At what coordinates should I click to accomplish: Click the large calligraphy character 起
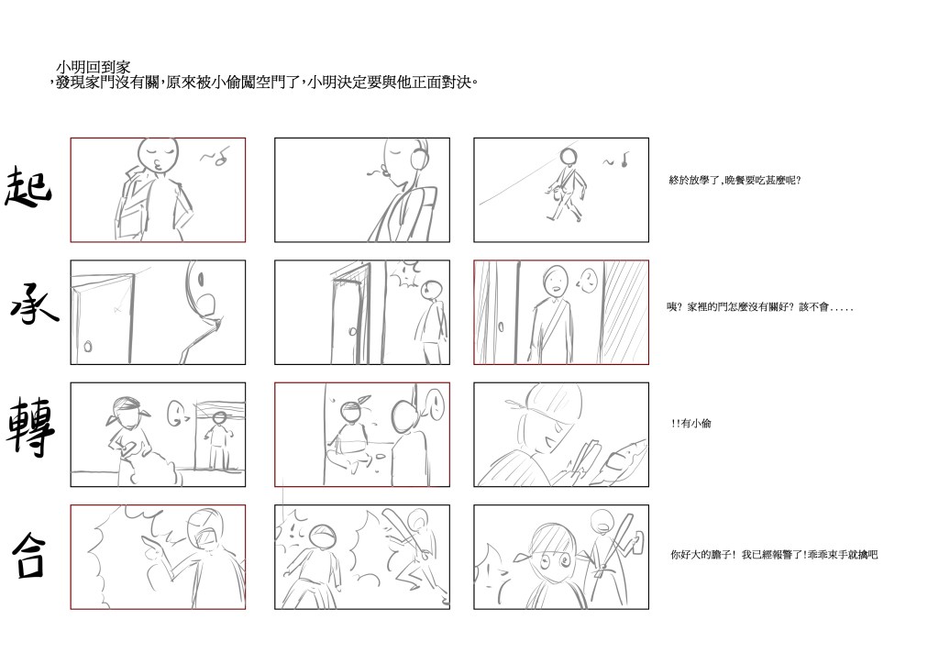point(28,186)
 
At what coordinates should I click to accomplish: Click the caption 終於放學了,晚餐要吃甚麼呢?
point(735,181)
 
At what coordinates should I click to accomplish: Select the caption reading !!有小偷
point(691,424)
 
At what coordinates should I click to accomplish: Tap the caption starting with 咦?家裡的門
point(760,307)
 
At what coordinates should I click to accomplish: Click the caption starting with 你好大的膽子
point(774,555)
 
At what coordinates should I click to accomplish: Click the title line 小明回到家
point(93,66)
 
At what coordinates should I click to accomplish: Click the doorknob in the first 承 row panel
point(88,346)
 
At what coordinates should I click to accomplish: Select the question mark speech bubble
point(588,281)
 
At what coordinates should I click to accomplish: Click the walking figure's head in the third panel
point(569,157)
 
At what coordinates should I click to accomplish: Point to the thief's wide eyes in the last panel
point(555,560)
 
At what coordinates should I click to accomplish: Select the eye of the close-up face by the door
point(201,280)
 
